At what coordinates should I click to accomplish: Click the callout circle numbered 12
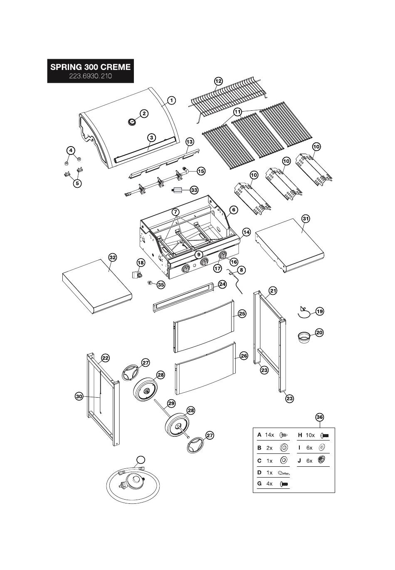tap(218, 81)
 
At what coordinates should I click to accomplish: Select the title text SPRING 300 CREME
tap(90, 67)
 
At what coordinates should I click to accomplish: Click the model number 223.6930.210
tap(90, 77)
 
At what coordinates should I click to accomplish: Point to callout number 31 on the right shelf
tap(306, 218)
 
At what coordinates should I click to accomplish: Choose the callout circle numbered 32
tap(113, 257)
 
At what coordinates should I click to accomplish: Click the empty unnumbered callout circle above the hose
tap(141, 460)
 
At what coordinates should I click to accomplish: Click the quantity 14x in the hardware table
tap(269, 435)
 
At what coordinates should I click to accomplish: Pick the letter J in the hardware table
tap(299, 460)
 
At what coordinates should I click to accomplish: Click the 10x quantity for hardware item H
tap(310, 435)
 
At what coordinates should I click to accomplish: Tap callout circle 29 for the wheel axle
tap(171, 403)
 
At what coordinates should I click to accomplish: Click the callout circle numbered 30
tap(79, 396)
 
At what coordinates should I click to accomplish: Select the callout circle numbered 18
tap(141, 262)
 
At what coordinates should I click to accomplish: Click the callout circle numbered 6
tap(234, 210)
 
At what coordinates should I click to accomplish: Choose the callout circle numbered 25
tap(242, 314)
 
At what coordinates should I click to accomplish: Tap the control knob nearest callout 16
tap(222, 256)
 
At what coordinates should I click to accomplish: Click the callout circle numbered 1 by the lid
tap(172, 100)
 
